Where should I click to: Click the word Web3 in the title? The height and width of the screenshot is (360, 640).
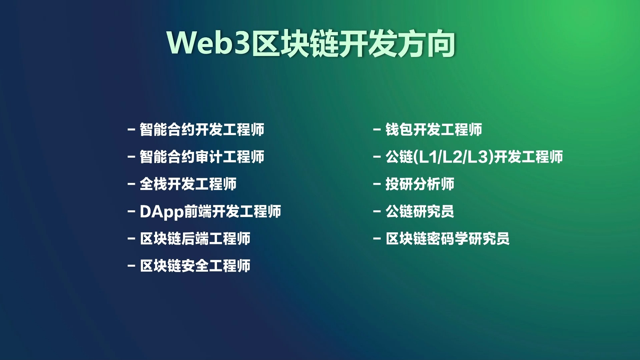point(209,43)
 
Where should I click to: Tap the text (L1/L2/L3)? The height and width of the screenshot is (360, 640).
point(453,157)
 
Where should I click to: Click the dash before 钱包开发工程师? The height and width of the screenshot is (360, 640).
point(377,129)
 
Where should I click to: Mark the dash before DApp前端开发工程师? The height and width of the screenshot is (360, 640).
point(131,211)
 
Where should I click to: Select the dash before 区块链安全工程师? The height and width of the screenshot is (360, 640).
point(131,266)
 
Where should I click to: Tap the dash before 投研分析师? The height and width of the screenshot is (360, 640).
point(377,184)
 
